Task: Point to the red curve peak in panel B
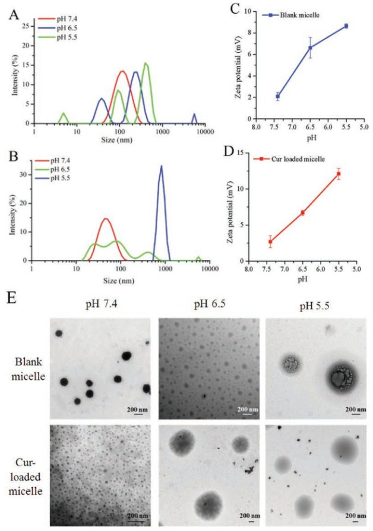(x=106, y=219)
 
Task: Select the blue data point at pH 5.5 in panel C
(x=346, y=26)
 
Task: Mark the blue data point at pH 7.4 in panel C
(x=277, y=96)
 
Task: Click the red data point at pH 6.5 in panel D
(x=302, y=212)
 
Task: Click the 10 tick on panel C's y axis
(x=248, y=11)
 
